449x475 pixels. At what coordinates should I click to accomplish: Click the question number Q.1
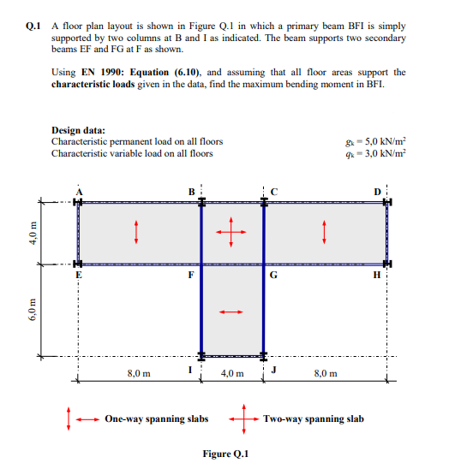tap(33, 27)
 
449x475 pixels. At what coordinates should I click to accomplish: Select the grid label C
tap(273, 190)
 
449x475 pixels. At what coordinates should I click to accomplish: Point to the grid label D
tap(380, 190)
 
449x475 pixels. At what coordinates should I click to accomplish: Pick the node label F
tap(192, 276)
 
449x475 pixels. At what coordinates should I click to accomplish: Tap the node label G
tap(273, 276)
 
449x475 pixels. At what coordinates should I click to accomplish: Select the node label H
tap(380, 276)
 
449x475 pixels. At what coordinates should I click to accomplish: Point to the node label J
tap(273, 369)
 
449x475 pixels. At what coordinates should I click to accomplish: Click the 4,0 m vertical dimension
tap(33, 232)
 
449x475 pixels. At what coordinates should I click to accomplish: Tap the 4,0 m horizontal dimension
tap(232, 373)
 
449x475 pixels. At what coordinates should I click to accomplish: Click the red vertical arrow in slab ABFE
tap(136, 232)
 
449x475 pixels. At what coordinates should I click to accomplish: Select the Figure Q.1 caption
tap(224, 454)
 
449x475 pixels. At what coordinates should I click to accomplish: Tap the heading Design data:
tap(87, 130)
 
